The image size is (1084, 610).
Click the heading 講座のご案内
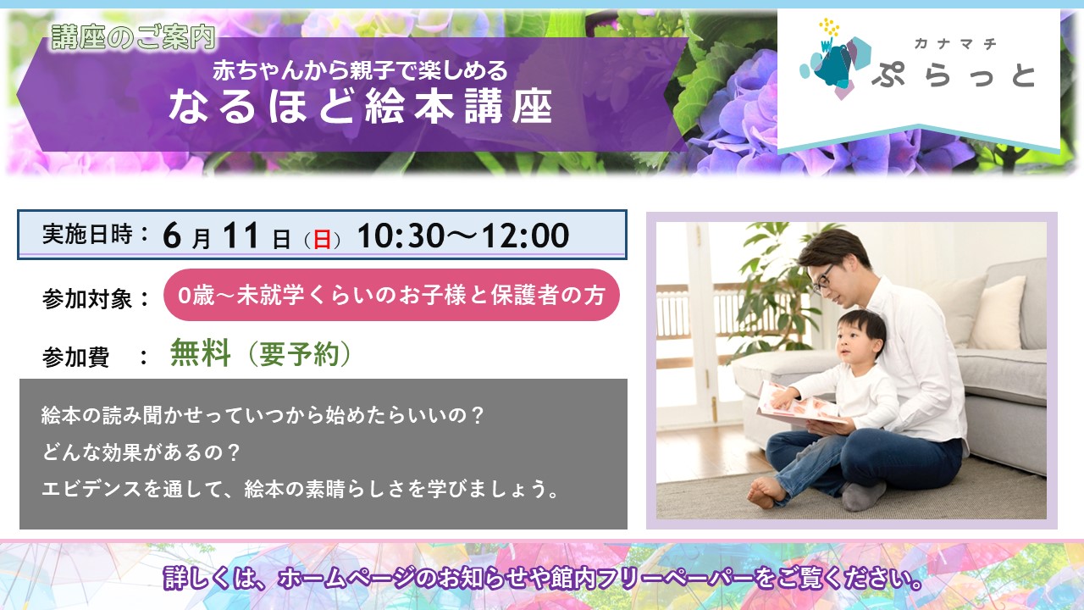pyautogui.click(x=133, y=36)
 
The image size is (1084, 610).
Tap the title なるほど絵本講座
pyautogui.click(x=361, y=107)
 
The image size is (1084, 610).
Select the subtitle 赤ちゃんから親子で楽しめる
pyautogui.click(x=360, y=70)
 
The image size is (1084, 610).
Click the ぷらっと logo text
pyautogui.click(x=954, y=76)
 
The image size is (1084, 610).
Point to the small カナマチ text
pyautogui.click(x=954, y=44)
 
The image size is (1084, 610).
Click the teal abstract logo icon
pyautogui.click(x=833, y=60)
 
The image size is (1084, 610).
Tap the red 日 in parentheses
pyautogui.click(x=323, y=239)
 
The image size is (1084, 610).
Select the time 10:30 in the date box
pyautogui.click(x=401, y=236)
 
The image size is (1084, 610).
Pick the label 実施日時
pyautogui.click(x=87, y=235)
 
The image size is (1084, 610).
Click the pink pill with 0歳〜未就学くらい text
pyautogui.click(x=391, y=295)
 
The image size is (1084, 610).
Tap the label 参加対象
pyautogui.click(x=87, y=299)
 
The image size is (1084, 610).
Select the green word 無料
pyautogui.click(x=201, y=353)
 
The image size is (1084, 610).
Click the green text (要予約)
pyautogui.click(x=299, y=354)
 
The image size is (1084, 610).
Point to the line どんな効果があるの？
pyautogui.click(x=141, y=452)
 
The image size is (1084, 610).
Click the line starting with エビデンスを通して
pyautogui.click(x=301, y=489)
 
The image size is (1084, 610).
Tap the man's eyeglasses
pyautogui.click(x=822, y=279)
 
